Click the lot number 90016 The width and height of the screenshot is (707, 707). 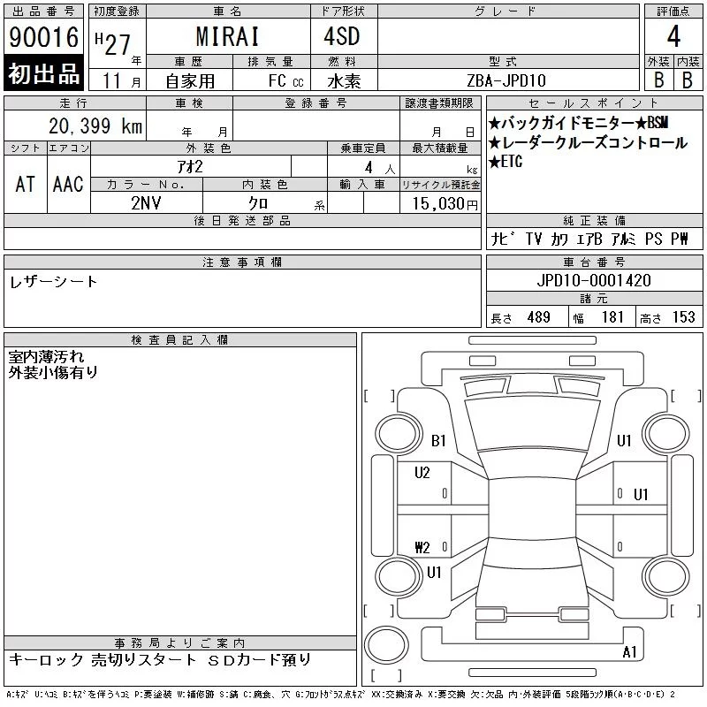43,37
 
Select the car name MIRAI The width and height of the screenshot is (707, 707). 228,36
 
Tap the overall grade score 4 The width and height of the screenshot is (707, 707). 673,36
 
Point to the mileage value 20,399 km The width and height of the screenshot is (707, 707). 95,126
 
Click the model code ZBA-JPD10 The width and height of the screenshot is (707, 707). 506,80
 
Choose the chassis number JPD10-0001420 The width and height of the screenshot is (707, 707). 594,280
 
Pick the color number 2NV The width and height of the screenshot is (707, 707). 146,203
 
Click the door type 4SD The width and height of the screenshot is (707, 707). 342,36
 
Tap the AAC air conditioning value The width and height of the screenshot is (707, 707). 68,184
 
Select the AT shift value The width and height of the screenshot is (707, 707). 26,184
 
